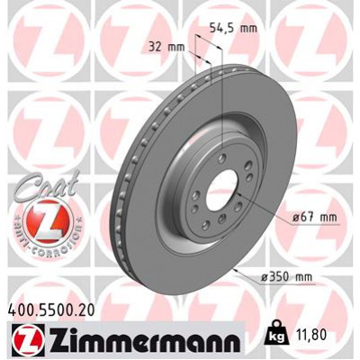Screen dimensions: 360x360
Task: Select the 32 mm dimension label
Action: (163, 44)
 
